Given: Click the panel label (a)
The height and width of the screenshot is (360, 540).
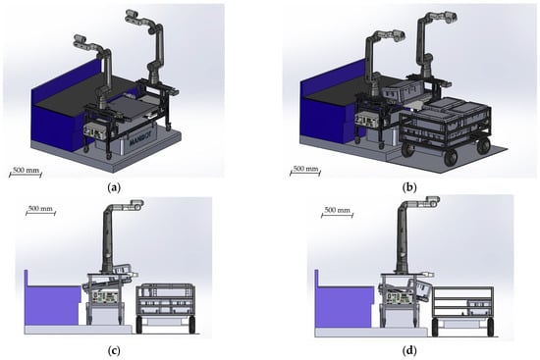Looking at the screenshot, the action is (114, 187).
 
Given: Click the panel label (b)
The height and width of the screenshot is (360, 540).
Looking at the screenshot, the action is (409, 187).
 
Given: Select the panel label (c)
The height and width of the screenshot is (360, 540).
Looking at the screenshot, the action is (114, 351).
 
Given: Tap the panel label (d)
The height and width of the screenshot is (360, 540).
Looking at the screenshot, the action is (409, 351).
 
